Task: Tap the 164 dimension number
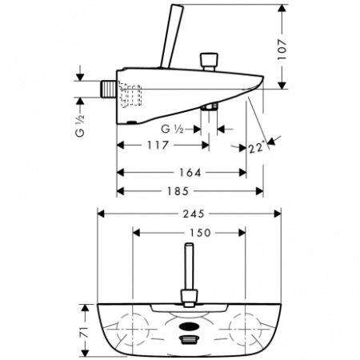coord(188,172)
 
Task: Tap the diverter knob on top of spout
coord(211,61)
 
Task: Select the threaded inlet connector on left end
coord(107,88)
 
